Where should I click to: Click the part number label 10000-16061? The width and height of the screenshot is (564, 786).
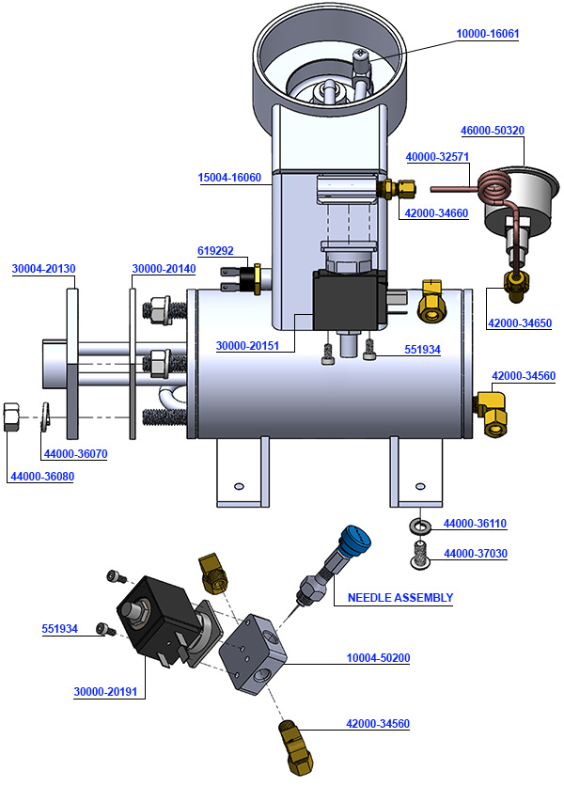[487, 34]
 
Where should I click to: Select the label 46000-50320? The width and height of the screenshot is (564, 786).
[492, 131]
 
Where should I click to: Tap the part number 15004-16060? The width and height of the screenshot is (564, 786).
[229, 177]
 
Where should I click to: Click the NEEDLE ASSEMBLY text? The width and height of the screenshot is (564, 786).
[400, 597]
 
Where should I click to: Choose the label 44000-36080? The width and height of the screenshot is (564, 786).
[42, 477]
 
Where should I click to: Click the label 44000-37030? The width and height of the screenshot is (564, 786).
[475, 554]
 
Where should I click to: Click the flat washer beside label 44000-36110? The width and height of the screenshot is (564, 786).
[418, 524]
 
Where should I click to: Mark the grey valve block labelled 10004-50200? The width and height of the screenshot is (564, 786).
[252, 650]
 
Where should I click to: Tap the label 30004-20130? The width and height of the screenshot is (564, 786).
[43, 269]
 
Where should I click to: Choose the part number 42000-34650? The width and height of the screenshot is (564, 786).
[520, 322]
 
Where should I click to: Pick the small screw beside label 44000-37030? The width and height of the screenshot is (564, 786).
[418, 556]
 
